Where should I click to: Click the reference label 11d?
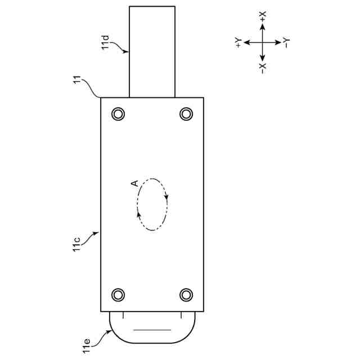[105, 43]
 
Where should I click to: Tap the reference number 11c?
[76, 245]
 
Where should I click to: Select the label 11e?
[86, 346]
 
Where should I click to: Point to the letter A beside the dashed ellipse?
[134, 183]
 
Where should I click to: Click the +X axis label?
[263, 16]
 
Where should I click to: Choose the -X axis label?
[263, 69]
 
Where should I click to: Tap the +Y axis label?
[238, 43]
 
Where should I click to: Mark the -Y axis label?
[286, 43]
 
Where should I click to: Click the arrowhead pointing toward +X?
[263, 26]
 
